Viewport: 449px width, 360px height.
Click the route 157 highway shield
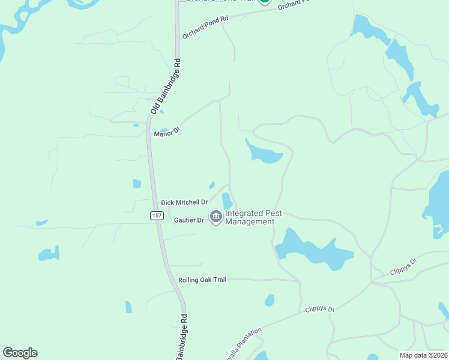click(157, 215)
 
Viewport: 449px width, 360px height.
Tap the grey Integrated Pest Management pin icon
click(215, 216)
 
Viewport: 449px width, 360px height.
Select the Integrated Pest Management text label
click(249, 217)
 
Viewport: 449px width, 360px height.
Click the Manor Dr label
click(167, 132)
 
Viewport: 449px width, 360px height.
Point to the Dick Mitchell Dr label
click(184, 203)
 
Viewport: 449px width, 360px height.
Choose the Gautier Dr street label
click(189, 220)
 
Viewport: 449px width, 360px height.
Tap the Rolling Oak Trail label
click(202, 280)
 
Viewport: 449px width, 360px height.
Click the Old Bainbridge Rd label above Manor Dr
click(166, 86)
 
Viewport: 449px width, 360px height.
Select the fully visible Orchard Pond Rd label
click(206, 28)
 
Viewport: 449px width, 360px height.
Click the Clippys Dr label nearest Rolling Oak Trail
click(319, 310)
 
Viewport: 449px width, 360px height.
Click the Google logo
click(20, 353)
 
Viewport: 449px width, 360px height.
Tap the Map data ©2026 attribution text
click(424, 355)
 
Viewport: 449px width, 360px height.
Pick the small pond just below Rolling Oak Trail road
click(270, 300)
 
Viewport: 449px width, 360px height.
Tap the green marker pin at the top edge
click(264, 2)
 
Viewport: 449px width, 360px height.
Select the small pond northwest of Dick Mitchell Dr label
click(137, 184)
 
